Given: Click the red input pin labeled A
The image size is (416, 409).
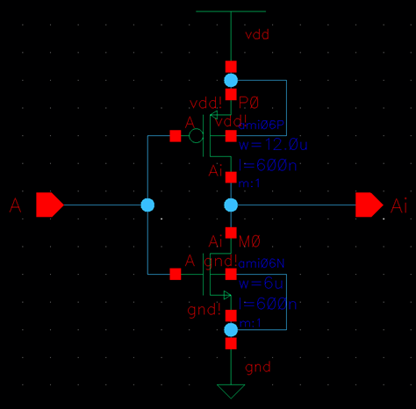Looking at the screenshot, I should pos(49,205).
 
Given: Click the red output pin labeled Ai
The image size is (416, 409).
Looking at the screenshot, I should pos(369,205).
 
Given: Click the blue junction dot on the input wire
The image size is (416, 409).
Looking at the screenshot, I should pos(147,205).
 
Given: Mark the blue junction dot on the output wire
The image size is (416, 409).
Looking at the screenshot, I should pos(231,205).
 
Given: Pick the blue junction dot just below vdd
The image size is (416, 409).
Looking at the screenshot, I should pos(231,81).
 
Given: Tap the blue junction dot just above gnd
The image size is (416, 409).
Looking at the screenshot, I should pos(231,329).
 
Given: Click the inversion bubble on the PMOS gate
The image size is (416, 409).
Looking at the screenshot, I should pos(197,136).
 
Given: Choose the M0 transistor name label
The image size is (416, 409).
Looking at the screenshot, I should pos(249,241).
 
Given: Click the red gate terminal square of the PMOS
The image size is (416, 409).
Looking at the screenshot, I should pos(175,136).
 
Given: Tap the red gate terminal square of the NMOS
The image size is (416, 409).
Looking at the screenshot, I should pos(175,274).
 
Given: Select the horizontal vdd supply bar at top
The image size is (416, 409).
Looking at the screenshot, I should pos(231,11).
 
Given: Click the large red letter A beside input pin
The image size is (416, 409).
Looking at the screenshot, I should pos(15,206).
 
